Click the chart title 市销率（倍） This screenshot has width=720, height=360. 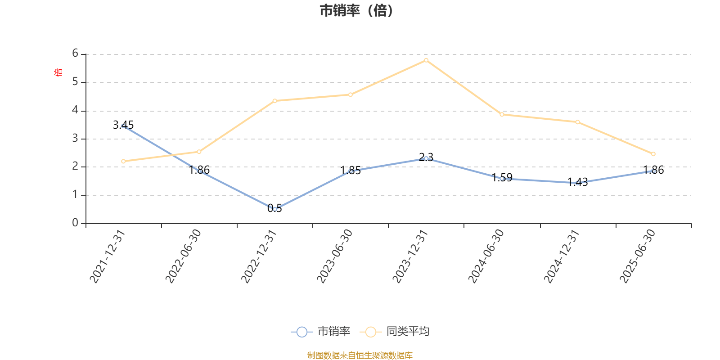[356, 10]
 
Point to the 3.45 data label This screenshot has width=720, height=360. [123, 125]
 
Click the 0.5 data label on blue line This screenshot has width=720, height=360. [274, 208]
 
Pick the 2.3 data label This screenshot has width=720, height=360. [426, 157]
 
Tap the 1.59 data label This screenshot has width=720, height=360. [502, 178]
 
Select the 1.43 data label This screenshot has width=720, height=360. [577, 182]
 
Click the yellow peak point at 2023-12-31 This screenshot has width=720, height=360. [426, 60]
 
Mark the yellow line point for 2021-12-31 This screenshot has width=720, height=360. [123, 161]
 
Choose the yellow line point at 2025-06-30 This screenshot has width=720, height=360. [653, 154]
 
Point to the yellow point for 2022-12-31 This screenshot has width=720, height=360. [275, 101]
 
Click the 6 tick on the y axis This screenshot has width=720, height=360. [75, 54]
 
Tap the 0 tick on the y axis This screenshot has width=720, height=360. [75, 223]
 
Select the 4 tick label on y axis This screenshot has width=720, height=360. [75, 110]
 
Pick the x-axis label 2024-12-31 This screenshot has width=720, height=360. [561, 256]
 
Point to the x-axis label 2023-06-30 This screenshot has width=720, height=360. [334, 256]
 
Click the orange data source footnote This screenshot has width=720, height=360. [360, 355]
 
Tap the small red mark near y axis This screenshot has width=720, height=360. [57, 72]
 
